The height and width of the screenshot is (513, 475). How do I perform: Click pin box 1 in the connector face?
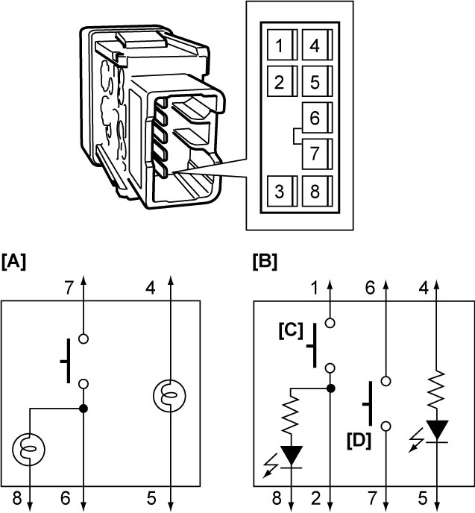282,45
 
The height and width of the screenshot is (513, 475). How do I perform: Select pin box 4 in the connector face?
317,45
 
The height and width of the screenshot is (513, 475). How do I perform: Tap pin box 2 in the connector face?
282,81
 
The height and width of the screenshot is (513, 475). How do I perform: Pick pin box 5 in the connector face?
317,81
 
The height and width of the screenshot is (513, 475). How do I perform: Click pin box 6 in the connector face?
317,118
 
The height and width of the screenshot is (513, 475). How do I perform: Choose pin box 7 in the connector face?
317,154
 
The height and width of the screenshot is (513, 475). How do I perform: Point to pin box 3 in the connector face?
282,191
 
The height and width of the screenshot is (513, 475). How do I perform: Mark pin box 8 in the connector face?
317,191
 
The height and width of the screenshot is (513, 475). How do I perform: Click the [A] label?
13,262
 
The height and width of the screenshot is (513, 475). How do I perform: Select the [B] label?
265,262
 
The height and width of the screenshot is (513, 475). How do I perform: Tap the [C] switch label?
291,331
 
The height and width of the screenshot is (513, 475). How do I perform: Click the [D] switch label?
359,441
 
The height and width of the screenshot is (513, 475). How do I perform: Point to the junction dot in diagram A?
84,409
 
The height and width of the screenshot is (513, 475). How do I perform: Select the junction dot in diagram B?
330,388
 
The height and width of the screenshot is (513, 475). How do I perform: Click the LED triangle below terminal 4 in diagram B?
437,430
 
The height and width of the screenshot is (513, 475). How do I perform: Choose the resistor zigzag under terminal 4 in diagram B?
437,389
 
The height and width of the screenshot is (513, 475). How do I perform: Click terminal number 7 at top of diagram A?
69,289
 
